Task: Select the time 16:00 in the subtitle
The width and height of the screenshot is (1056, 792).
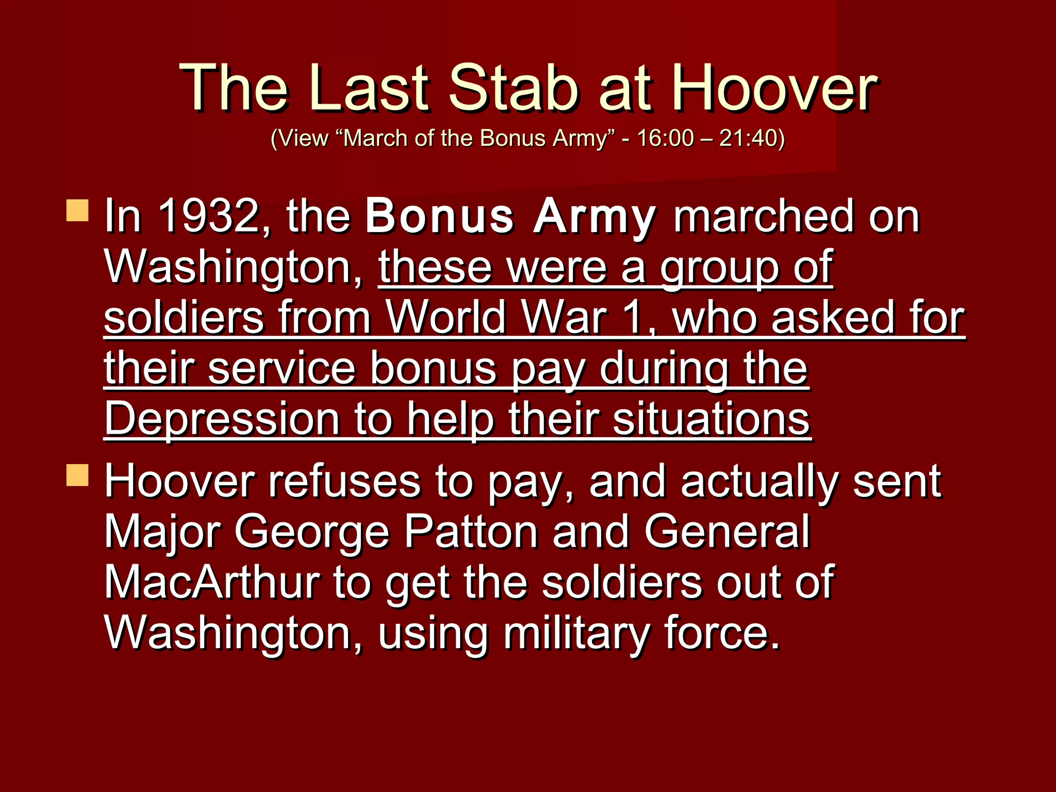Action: click(665, 138)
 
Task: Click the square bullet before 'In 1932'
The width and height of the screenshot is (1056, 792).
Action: click(77, 211)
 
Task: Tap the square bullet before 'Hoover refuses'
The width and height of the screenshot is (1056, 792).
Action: click(77, 475)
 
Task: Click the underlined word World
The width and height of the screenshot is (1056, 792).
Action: click(447, 318)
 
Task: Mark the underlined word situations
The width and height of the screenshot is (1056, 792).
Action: click(712, 419)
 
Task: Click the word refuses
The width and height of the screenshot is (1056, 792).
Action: click(344, 482)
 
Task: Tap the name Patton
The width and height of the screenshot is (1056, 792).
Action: click(471, 532)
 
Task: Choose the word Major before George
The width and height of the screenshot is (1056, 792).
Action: click(162, 533)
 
